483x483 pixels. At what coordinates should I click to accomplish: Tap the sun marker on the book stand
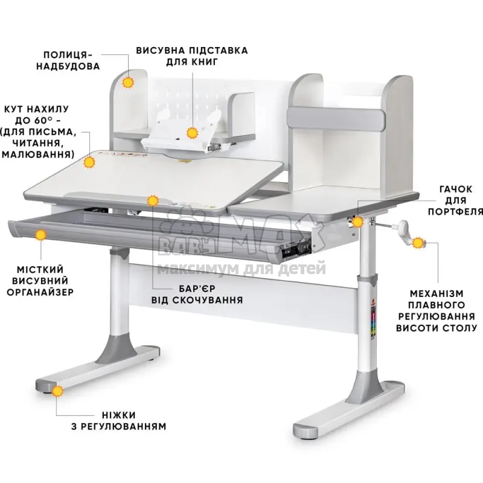193,133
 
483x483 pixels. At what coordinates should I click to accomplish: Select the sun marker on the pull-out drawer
40,235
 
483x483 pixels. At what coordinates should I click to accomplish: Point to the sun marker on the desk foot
57,391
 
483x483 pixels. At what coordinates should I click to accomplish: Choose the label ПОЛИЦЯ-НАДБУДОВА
68,60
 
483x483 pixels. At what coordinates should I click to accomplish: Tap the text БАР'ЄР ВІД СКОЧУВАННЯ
197,294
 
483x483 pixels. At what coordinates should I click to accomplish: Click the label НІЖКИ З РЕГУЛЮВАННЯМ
119,420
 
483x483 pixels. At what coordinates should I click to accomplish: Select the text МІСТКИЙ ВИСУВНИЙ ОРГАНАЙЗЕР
40,281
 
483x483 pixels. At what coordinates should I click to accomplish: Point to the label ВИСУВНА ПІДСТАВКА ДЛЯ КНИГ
192,56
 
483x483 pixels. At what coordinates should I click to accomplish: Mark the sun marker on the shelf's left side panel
128,82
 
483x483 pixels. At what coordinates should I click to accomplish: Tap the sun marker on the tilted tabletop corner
89,162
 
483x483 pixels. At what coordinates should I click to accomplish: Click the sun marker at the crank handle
418,243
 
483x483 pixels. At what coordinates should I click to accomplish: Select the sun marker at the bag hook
358,222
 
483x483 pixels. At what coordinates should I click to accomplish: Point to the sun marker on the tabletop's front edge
153,201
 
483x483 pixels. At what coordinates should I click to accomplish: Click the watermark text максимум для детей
241,269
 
